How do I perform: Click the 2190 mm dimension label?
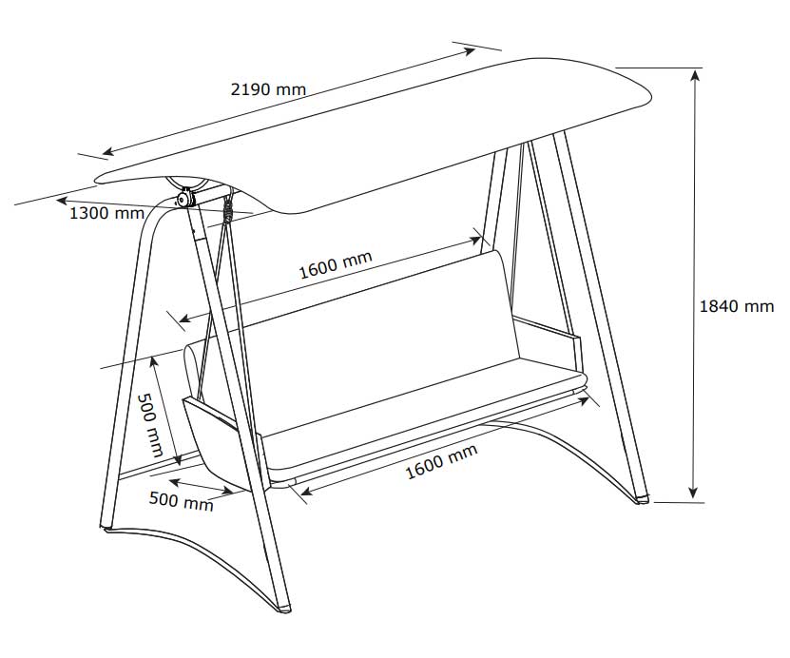tap(268, 89)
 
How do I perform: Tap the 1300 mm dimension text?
tap(106, 213)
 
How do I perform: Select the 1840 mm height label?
tap(736, 306)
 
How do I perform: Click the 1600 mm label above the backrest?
tap(336, 264)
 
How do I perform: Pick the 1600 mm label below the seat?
tap(441, 461)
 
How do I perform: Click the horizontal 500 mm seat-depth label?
tap(182, 501)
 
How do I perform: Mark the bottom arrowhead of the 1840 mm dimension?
tap(694, 493)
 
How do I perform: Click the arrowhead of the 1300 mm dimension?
tap(62, 201)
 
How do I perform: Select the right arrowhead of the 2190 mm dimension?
tap(469, 51)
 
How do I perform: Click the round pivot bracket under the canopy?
tap(184, 198)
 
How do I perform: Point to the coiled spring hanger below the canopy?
tap(229, 207)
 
